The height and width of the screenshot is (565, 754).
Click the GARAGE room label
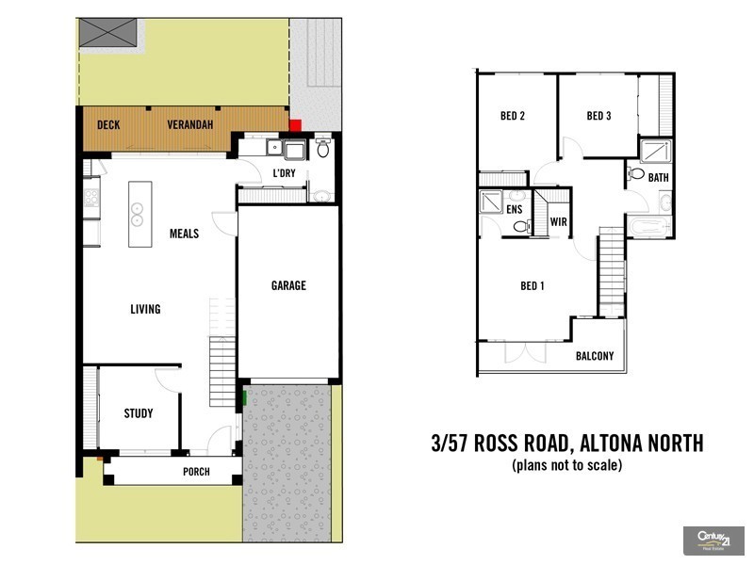288,286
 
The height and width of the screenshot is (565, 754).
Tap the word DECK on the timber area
108,125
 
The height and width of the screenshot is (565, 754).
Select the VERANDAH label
190,125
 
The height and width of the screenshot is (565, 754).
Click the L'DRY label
285,173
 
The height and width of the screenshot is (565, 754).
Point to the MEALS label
184,234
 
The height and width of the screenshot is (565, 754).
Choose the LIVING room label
145,309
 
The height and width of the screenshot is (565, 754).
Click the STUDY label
139,413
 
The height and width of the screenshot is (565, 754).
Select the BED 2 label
512,117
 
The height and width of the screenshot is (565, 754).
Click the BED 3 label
598,117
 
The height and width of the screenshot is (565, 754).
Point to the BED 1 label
533,286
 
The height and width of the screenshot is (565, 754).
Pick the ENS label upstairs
515,209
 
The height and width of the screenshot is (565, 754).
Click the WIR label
558,223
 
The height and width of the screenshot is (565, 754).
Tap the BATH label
658,177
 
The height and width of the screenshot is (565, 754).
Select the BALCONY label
595,356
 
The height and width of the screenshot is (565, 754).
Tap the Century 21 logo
713,540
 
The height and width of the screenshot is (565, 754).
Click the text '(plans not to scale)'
566,465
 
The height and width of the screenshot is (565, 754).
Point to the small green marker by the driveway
245,398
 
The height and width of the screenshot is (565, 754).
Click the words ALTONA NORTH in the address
642,444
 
